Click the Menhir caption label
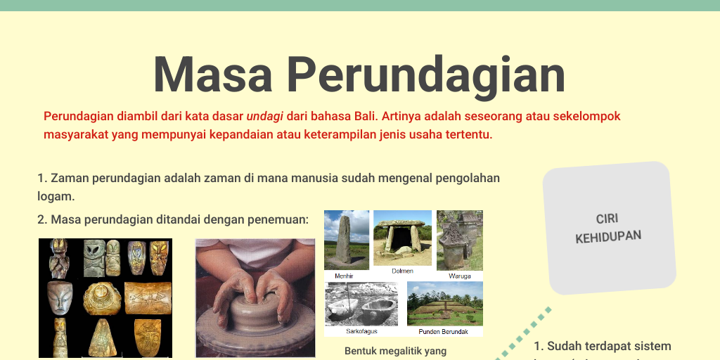coord(345,276)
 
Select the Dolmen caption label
coord(402,271)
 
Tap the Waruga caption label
coord(460,276)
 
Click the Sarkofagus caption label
coord(361,331)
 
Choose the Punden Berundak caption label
coord(444,331)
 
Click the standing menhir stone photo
coord(346,240)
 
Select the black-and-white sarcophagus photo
coord(361,303)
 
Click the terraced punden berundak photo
coord(444,303)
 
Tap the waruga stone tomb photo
coord(459,240)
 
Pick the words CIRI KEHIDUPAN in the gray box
coord(608,229)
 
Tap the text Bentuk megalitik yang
coord(395,350)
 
